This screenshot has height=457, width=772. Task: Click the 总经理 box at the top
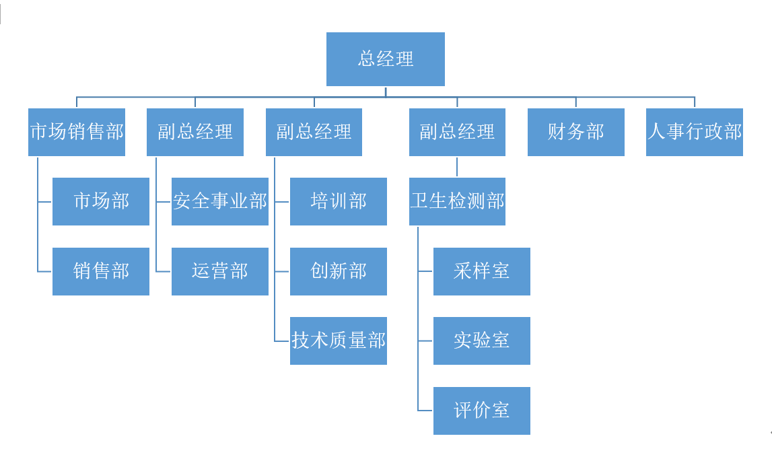(385, 59)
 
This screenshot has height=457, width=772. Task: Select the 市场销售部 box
(77, 132)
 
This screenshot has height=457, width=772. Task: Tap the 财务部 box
(575, 132)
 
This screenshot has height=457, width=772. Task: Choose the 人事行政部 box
(694, 132)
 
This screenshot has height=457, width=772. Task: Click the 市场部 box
(101, 201)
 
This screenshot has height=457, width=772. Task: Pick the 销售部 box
(101, 271)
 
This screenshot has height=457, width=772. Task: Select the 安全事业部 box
(219, 201)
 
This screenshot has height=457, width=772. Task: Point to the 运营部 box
(219, 271)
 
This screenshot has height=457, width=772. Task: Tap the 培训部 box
(338, 201)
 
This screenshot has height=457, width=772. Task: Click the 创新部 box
(338, 271)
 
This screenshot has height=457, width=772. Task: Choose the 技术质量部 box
(338, 341)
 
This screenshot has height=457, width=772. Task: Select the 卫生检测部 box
(457, 201)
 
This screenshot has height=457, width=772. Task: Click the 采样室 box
(481, 271)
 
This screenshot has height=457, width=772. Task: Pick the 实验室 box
(481, 341)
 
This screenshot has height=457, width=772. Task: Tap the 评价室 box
(481, 411)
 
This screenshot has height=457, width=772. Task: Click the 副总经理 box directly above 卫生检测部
(457, 132)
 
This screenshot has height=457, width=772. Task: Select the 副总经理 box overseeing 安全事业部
(195, 132)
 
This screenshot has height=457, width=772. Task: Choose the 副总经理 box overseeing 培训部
(314, 132)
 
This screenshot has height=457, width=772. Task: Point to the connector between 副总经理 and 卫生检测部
(457, 167)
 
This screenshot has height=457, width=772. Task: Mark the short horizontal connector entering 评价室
(425, 411)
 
